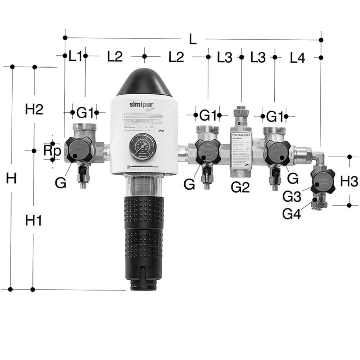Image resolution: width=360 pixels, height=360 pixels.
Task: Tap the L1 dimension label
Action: [x=76, y=57]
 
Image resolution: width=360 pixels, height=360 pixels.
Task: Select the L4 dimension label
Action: [x=298, y=58]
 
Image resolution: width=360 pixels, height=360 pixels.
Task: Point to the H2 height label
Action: [x=34, y=109]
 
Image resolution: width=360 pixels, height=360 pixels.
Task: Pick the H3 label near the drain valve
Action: [x=349, y=181]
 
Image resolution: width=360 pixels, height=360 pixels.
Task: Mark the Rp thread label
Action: [x=52, y=150]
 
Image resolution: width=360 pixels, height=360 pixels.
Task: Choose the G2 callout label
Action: [x=240, y=188]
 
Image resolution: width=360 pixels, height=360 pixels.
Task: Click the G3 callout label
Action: [x=292, y=197]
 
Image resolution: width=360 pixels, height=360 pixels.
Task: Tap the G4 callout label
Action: [x=292, y=214]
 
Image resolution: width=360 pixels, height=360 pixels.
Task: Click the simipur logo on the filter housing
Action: [x=139, y=104]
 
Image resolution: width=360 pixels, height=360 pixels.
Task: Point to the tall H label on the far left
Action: [x=11, y=178]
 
